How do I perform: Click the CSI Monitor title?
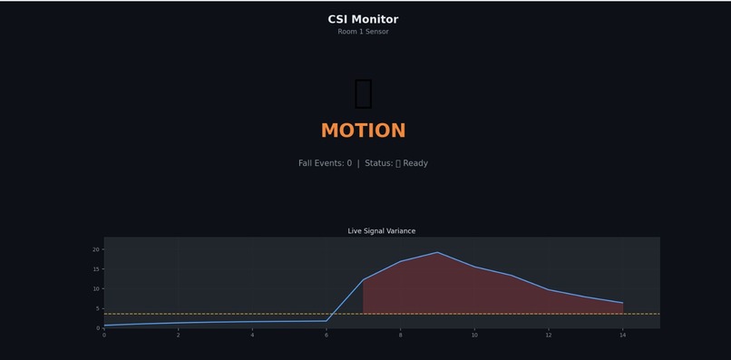(363, 19)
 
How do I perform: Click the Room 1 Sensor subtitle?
(363, 32)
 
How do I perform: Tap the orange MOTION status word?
(363, 131)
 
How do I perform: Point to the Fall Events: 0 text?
(325, 163)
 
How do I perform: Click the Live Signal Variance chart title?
(381, 231)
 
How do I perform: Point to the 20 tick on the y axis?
(95, 249)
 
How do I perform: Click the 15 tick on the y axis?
(95, 269)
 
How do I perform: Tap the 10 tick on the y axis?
(95, 288)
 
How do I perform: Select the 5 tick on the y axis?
(97, 308)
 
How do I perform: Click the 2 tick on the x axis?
(178, 336)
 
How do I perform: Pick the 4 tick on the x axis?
(252, 336)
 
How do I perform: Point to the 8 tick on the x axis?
(400, 336)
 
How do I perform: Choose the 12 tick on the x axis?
(548, 336)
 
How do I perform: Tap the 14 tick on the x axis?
(622, 336)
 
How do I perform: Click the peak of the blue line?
(437, 252)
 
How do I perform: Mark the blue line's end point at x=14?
(622, 303)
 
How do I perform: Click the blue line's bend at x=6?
(327, 320)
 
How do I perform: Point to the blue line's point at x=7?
(363, 279)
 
